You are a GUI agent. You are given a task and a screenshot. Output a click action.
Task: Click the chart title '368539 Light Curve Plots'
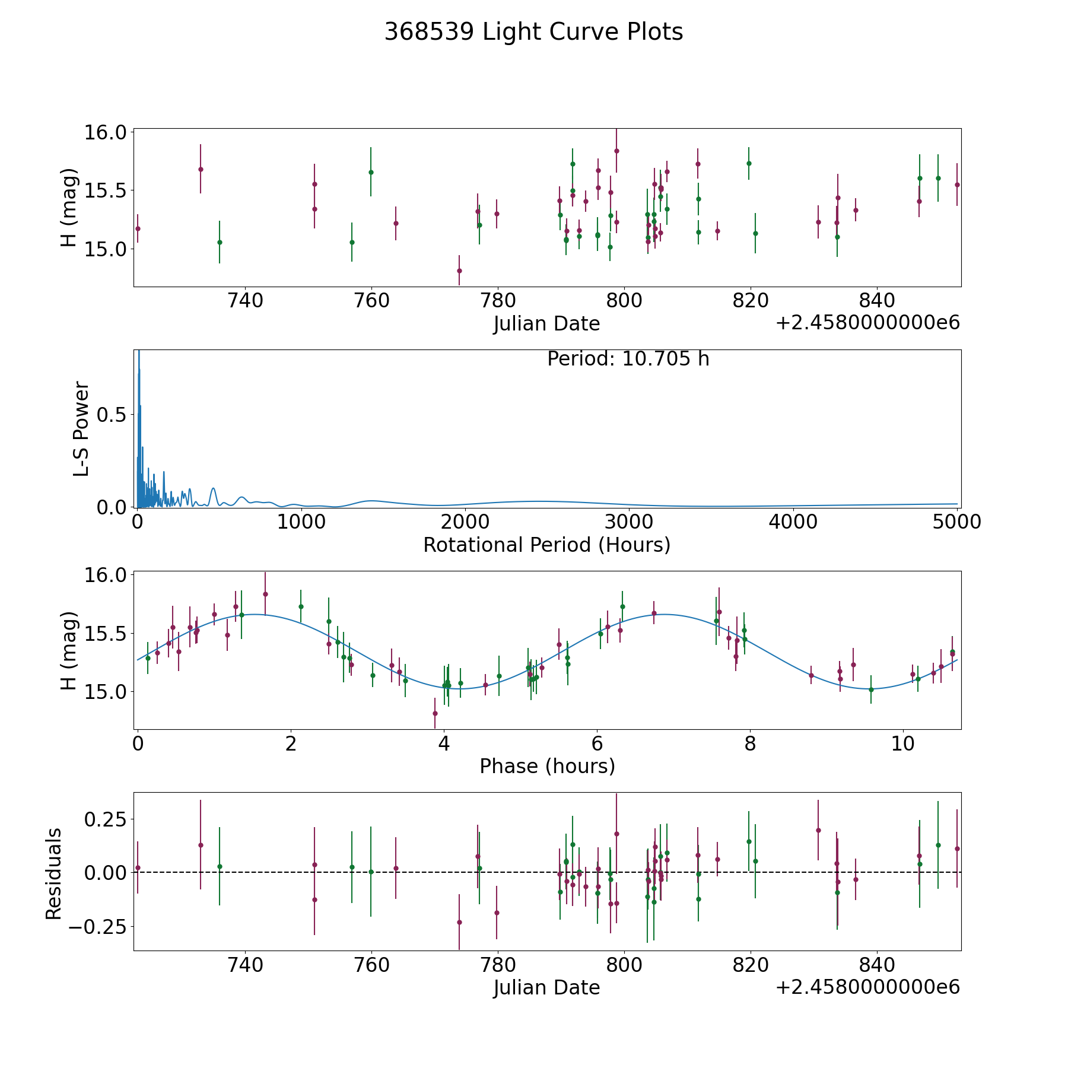point(533,32)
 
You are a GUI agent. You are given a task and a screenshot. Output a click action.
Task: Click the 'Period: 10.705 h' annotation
point(628,359)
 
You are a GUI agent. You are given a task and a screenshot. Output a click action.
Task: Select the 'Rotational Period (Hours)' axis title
point(546,545)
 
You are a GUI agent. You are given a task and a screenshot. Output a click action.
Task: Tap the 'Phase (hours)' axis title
point(546,766)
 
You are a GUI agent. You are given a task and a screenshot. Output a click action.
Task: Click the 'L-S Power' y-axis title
point(81,428)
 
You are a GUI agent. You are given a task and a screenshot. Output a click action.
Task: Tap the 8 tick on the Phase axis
point(751,743)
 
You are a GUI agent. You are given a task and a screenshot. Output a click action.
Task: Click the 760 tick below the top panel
point(371,301)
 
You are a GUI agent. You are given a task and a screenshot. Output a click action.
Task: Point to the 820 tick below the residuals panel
point(751,965)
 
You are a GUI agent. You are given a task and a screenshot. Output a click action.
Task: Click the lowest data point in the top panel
point(459,271)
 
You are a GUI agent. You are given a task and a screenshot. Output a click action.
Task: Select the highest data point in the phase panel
point(265,594)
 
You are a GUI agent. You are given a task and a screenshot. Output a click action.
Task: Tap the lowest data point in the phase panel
point(435,713)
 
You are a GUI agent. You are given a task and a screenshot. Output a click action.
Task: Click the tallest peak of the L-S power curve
point(139,352)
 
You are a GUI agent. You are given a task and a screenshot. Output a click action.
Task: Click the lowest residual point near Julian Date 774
point(459,922)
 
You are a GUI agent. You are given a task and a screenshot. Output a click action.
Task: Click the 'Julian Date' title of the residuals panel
point(546,987)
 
